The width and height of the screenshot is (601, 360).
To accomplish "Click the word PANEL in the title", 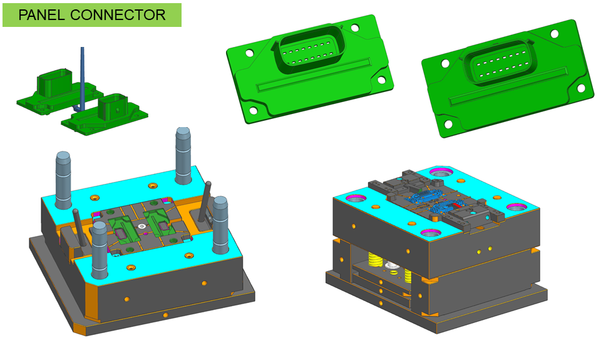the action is (41, 15).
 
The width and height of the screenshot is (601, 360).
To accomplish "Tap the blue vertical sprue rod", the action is (81, 79).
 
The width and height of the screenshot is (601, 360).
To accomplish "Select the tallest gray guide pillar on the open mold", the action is (183, 156).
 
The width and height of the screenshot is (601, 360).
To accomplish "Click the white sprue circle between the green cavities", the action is (142, 227).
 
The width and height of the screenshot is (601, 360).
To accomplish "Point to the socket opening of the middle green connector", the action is (310, 51).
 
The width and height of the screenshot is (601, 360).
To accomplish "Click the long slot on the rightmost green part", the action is (508, 86).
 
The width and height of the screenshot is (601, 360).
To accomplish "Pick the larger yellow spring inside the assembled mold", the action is (375, 260).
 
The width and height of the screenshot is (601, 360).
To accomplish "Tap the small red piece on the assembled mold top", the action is (456, 206).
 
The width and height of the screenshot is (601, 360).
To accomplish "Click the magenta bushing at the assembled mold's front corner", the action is (431, 233).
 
